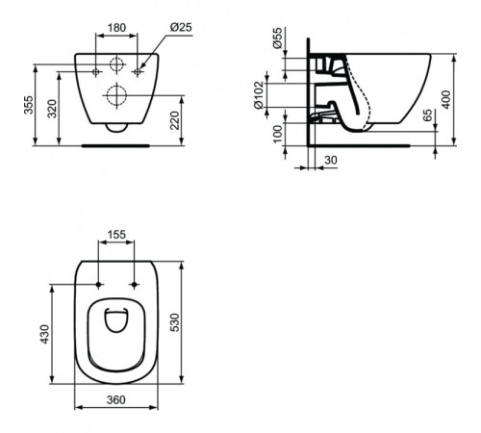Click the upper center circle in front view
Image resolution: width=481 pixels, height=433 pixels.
coord(115,65)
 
